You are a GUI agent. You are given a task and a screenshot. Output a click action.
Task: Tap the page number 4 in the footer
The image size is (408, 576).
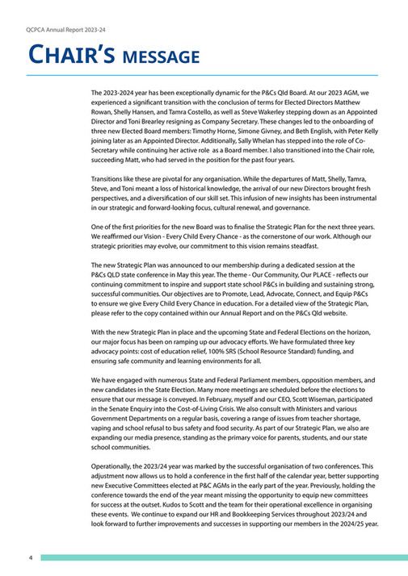[x=30, y=557]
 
